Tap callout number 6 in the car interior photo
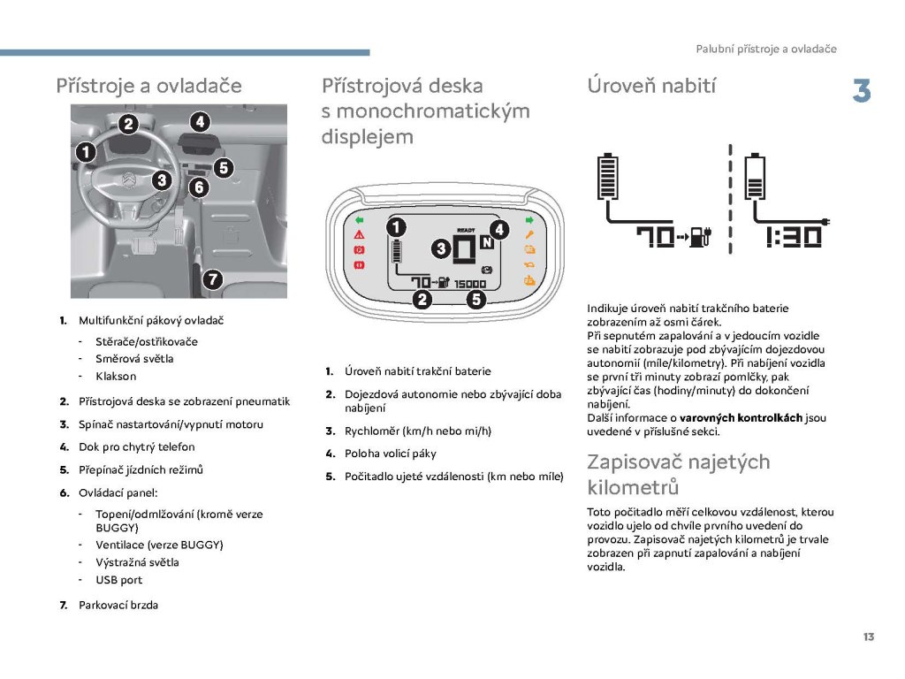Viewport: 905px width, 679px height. [198, 187]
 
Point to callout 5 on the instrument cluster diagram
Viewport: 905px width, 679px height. [476, 299]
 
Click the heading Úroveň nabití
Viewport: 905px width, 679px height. [651, 86]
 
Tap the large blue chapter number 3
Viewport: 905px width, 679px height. [862, 92]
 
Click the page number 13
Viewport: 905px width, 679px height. [869, 637]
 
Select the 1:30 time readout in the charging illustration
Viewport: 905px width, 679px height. [794, 237]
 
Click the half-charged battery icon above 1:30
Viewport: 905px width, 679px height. [756, 179]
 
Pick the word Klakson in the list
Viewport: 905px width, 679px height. [115, 376]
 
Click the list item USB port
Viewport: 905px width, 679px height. [118, 580]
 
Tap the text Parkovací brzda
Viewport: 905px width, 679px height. [118, 606]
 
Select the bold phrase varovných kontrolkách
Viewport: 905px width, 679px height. [741, 417]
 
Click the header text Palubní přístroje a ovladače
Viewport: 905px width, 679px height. [765, 49]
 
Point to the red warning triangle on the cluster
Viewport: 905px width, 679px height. [360, 235]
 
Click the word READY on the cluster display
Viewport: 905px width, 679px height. [466, 230]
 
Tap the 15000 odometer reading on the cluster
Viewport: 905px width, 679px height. [469, 284]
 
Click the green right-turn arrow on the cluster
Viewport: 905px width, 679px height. [529, 219]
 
